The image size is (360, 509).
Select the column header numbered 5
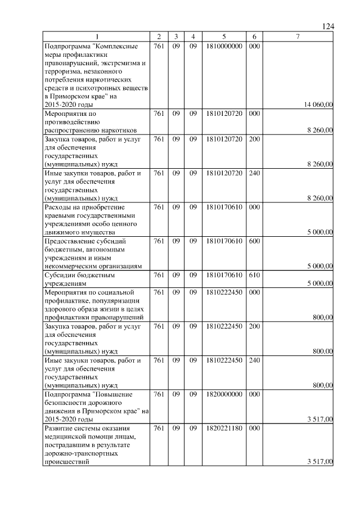224,37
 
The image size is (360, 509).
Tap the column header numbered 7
298,37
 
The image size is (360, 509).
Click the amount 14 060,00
318,104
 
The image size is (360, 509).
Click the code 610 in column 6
254,275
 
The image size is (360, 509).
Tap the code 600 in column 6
254,241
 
